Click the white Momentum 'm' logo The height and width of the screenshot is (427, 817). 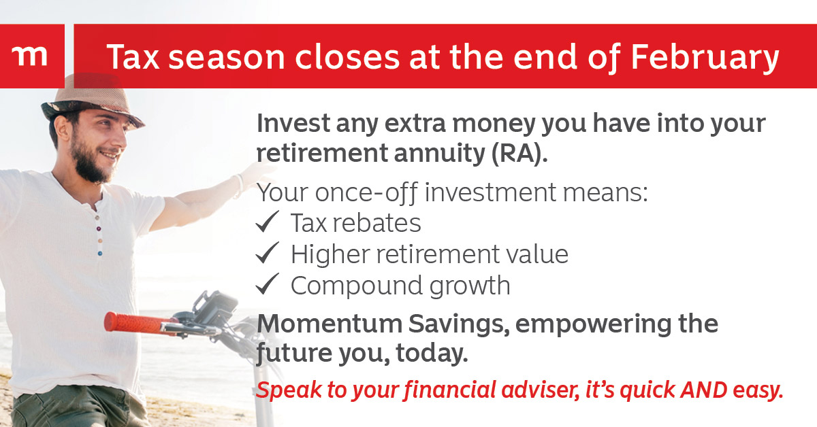coord(29,56)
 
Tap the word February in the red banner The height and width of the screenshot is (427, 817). coord(705,58)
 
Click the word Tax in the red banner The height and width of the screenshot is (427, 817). coord(133,56)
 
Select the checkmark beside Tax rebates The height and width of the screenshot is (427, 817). coord(268,222)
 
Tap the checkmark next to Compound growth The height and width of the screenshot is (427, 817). coord(268,284)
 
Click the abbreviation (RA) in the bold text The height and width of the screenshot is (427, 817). coord(519,154)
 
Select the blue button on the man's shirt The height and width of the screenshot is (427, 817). coord(100,253)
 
